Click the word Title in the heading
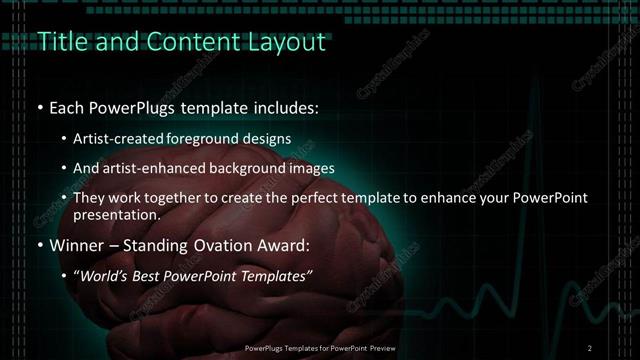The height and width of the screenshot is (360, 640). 58,42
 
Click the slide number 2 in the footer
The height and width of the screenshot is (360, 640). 590,347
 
